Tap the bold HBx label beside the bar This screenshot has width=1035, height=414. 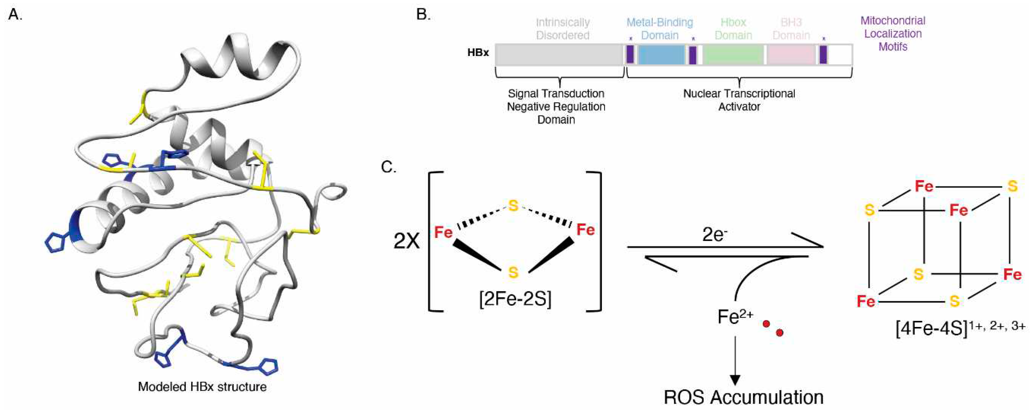(478, 53)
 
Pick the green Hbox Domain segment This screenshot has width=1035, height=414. (733, 55)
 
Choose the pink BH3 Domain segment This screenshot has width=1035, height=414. (791, 55)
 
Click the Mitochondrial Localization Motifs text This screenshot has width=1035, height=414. (893, 34)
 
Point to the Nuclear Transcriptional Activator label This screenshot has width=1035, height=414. (739, 100)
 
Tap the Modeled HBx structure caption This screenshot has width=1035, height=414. (202, 387)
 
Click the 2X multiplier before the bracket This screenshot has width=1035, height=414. (407, 241)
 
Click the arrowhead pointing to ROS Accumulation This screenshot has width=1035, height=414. (735, 380)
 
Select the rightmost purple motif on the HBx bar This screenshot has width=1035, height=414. (823, 55)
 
